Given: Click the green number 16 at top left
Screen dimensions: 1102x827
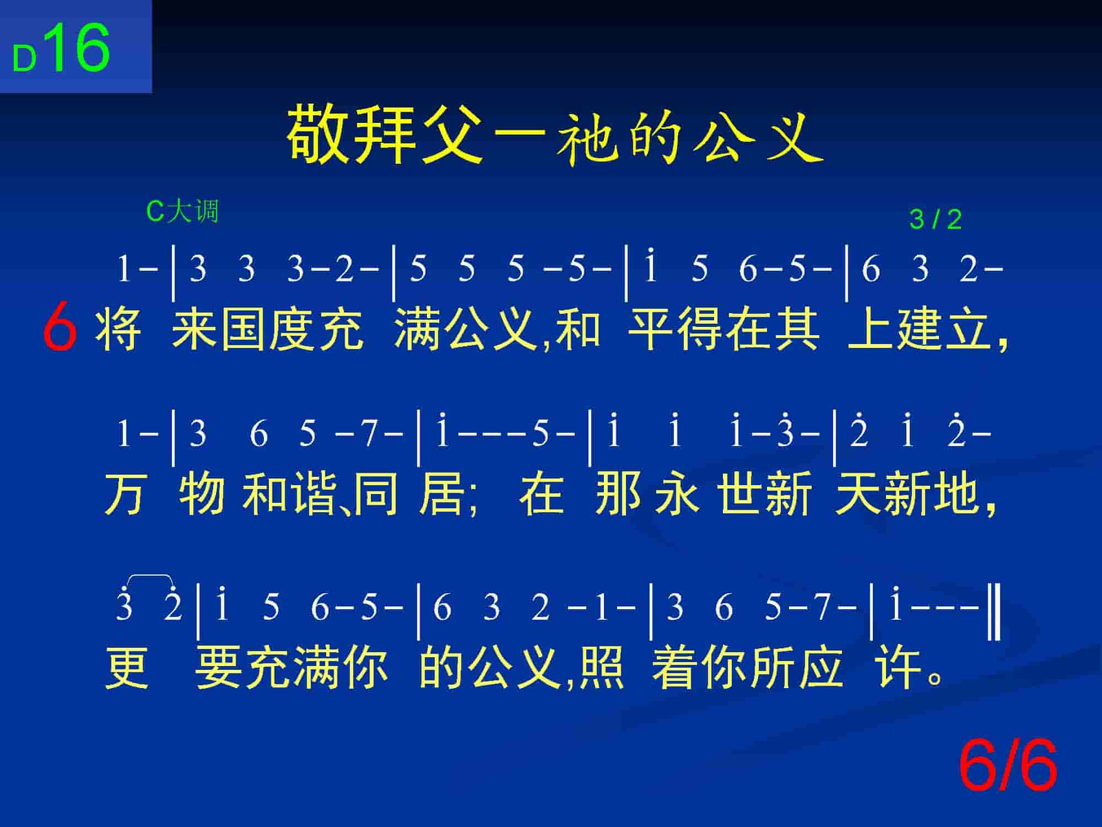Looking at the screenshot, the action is coord(79,48).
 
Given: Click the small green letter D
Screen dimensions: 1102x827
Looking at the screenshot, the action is coord(24,58).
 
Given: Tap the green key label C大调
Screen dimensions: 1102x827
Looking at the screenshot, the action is coord(182,211).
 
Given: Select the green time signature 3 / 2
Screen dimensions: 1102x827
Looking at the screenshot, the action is coord(935,220).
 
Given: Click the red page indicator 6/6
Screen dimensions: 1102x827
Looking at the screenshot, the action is coord(1008,766).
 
